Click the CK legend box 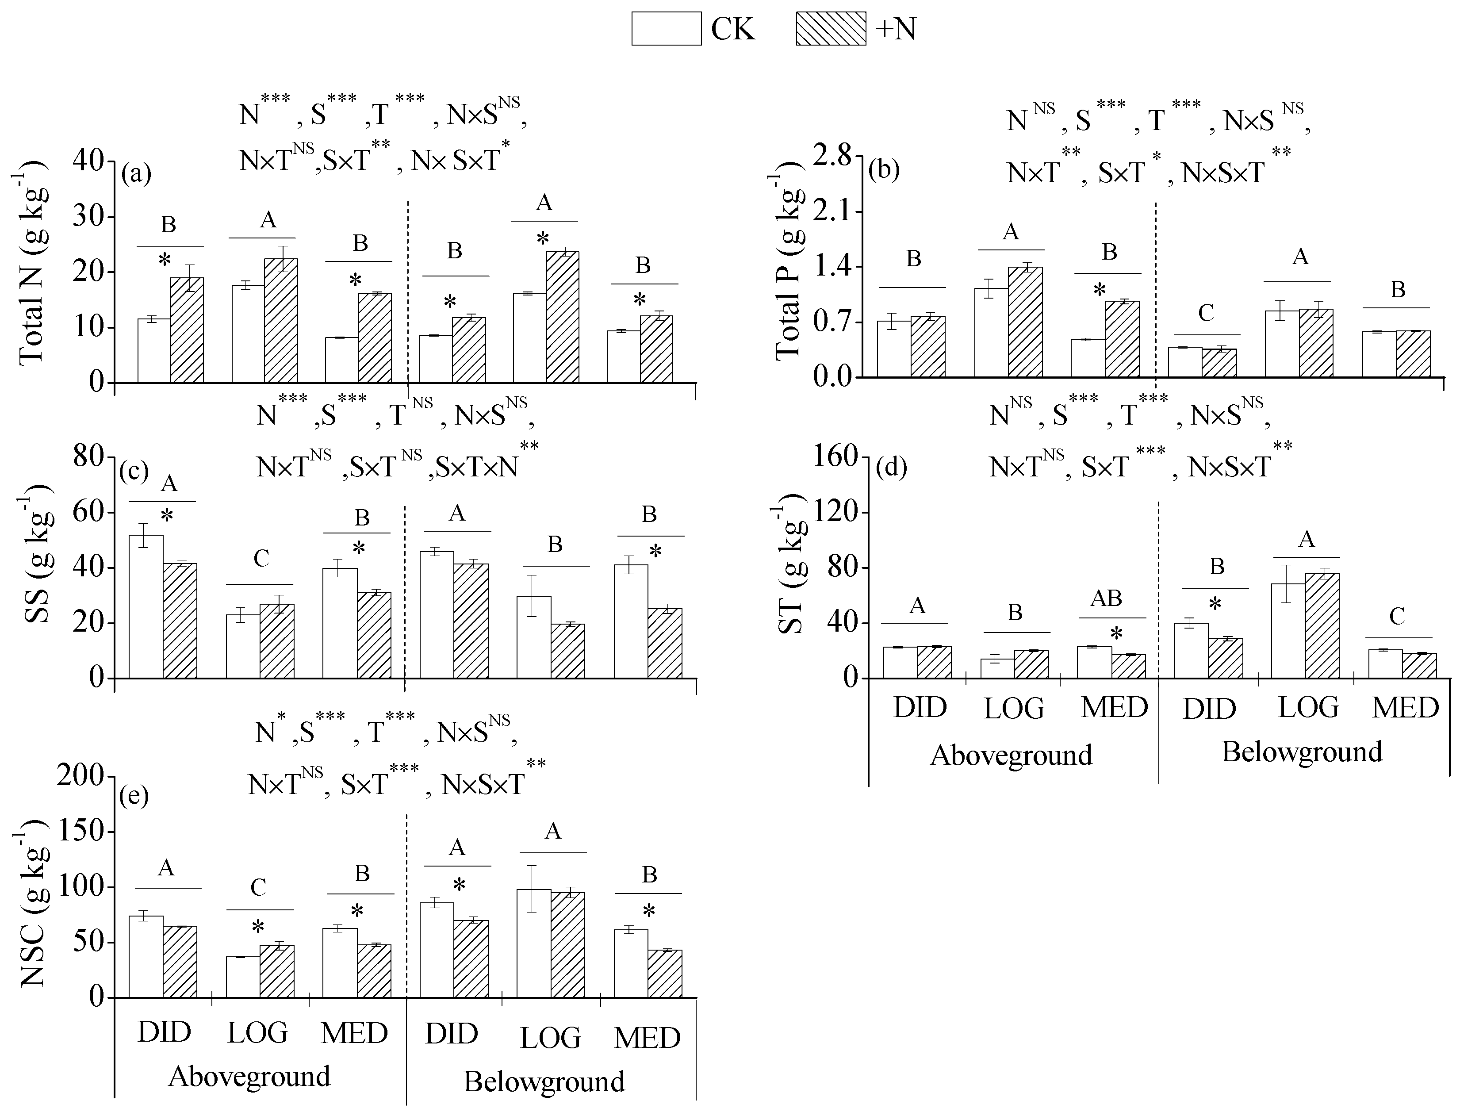click(666, 29)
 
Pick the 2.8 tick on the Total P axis click(834, 156)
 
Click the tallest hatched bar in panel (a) click(563, 317)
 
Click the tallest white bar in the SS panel click(146, 606)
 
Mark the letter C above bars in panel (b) click(1206, 313)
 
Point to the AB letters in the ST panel click(1106, 598)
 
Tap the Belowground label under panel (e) click(544, 1081)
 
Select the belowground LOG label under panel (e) click(550, 1038)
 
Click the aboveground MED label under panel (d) click(1114, 707)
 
